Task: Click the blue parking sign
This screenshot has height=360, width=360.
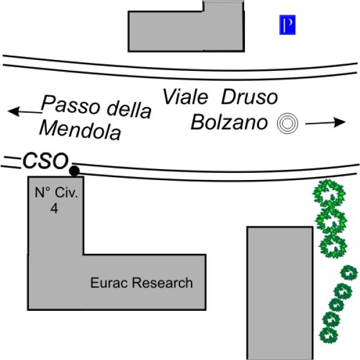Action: (287, 25)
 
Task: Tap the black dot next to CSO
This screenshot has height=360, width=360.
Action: (74, 171)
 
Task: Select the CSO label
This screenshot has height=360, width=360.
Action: (46, 161)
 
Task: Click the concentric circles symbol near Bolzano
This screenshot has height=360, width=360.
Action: (287, 124)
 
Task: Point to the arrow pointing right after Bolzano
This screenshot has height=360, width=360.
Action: (325, 122)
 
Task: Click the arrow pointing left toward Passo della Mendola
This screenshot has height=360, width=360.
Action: (25, 112)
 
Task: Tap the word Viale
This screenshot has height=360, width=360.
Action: (185, 97)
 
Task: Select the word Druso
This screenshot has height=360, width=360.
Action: (250, 97)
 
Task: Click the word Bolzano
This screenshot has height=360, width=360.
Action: (229, 122)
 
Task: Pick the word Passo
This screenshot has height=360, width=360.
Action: (71, 105)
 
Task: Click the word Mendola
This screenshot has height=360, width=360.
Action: (80, 130)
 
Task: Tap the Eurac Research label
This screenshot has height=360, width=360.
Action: (142, 283)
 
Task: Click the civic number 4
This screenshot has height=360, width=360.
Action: (54, 208)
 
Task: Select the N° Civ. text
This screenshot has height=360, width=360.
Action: (56, 193)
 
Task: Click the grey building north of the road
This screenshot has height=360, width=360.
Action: (186, 26)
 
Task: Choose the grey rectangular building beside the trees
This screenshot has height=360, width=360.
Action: (280, 293)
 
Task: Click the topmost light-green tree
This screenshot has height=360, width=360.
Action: (329, 193)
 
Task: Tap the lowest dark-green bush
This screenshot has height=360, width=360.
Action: (329, 335)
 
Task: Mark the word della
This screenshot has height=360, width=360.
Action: (129, 110)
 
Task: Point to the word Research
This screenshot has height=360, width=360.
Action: (163, 283)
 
